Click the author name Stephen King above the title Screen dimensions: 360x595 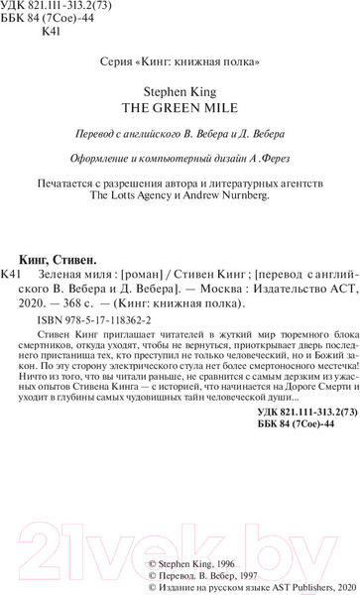click(180, 95)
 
